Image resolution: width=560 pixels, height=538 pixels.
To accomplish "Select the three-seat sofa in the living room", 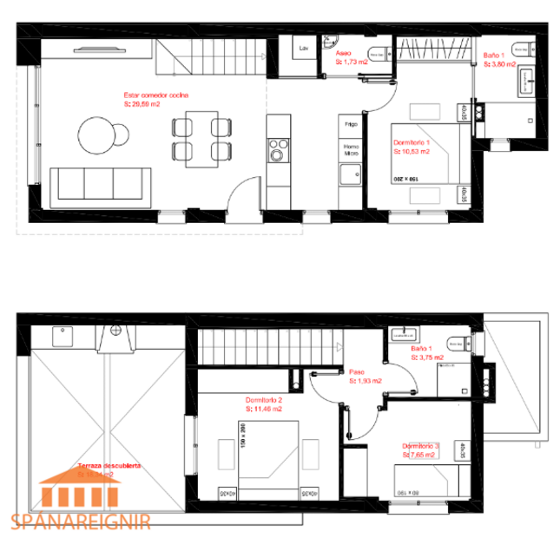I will (x=100, y=185).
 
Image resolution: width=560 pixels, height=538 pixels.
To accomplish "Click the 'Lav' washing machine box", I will (x=304, y=49).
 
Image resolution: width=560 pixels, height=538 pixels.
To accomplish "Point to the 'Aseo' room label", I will (x=344, y=52).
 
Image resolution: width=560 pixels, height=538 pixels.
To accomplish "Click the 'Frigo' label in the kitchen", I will (x=350, y=124).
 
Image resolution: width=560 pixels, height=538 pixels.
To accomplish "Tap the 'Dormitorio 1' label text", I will (x=412, y=141).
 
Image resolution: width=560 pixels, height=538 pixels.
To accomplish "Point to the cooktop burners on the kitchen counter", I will (x=277, y=149).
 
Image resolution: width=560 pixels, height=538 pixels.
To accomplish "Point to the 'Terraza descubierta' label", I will (x=109, y=465).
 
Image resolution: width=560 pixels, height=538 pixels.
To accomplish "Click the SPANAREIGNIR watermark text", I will (x=82, y=522).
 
